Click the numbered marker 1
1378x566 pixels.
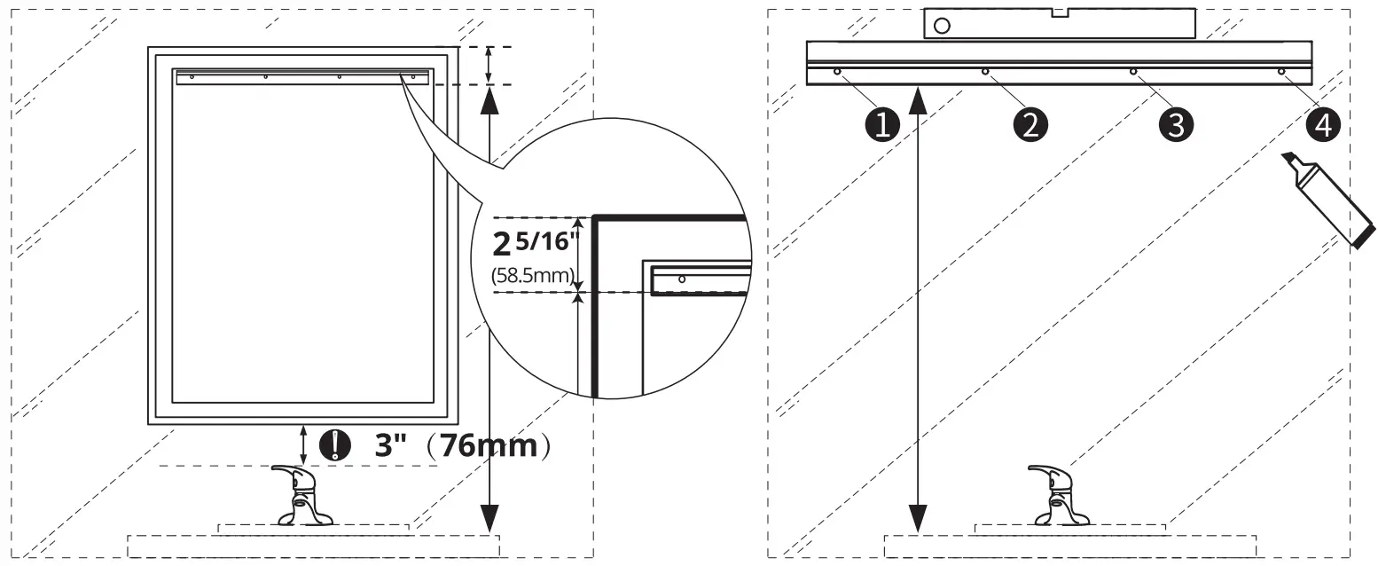click(x=882, y=124)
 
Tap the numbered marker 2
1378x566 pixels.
click(x=1030, y=124)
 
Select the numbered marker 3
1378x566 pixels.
click(x=1176, y=124)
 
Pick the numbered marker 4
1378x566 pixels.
click(x=1323, y=124)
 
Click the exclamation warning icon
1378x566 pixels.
click(x=334, y=444)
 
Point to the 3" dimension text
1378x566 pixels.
click(x=391, y=444)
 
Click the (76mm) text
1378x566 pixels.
click(x=489, y=445)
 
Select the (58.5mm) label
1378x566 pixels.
click(x=533, y=275)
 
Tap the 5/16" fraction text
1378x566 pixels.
click(x=544, y=241)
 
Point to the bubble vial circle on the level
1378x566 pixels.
click(x=942, y=25)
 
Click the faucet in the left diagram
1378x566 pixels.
click(x=303, y=495)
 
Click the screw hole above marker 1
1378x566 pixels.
click(x=837, y=72)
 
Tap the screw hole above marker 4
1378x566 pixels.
click(x=1281, y=72)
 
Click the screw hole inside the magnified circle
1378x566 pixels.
click(x=682, y=279)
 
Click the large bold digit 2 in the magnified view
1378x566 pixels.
click(x=502, y=245)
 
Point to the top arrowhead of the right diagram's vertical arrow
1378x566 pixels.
click(x=917, y=100)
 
